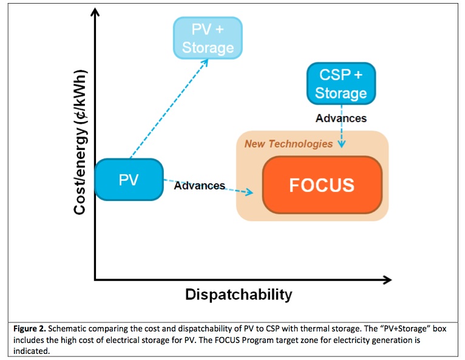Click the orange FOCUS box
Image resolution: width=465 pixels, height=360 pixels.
pyautogui.click(x=322, y=185)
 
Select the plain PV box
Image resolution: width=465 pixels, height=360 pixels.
pyautogui.click(x=129, y=180)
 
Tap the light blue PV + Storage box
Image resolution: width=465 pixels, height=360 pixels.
pyautogui.click(x=208, y=38)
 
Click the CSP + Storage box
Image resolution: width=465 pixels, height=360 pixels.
pyautogui.click(x=341, y=83)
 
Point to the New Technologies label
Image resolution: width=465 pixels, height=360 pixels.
pyautogui.click(x=288, y=144)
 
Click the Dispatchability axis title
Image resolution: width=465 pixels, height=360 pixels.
pyautogui.click(x=239, y=295)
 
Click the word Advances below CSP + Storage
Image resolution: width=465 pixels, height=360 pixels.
pyautogui.click(x=341, y=118)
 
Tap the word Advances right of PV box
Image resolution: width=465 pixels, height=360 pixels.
pyautogui.click(x=200, y=185)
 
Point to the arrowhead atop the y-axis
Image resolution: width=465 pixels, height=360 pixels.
pyautogui.click(x=95, y=13)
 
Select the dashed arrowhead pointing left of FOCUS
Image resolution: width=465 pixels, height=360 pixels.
pyautogui.click(x=249, y=193)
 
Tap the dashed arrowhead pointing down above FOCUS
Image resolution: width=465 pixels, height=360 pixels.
pyautogui.click(x=342, y=145)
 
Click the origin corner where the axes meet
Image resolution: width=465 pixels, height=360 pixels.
pyautogui.click(x=95, y=280)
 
